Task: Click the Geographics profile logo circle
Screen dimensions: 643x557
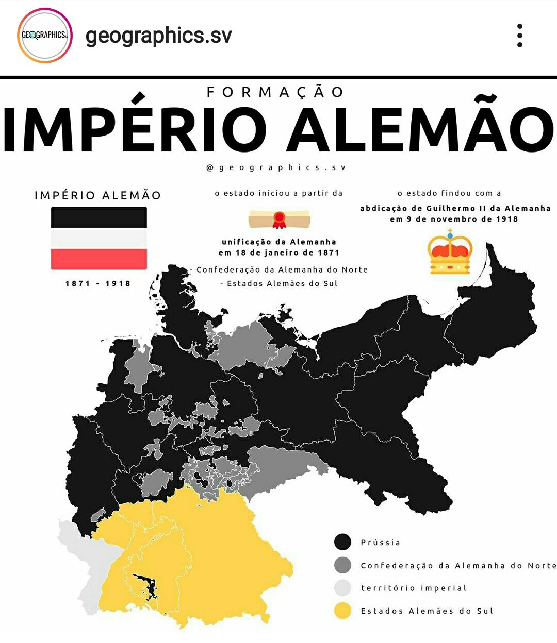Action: click(x=45, y=36)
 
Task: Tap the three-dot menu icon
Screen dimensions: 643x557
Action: click(x=519, y=36)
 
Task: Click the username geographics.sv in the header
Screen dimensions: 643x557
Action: click(x=158, y=36)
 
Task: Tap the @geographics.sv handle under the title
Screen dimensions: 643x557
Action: click(x=276, y=167)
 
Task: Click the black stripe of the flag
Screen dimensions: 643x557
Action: click(x=99, y=217)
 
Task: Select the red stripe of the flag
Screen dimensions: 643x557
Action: click(x=99, y=259)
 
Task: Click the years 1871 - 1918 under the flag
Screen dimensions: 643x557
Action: click(x=98, y=283)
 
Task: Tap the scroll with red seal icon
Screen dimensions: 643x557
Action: click(x=279, y=219)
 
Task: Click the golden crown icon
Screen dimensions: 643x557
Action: click(x=450, y=252)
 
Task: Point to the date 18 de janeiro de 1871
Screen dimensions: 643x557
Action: click(x=286, y=252)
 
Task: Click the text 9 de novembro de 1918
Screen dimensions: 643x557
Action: click(x=461, y=219)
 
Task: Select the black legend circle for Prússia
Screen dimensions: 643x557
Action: click(x=343, y=542)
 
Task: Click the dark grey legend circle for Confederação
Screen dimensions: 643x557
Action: click(x=343, y=565)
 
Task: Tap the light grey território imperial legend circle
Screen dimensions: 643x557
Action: click(x=343, y=588)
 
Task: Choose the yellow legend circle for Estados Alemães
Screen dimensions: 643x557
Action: click(x=343, y=611)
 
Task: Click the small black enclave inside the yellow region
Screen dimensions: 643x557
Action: click(x=144, y=586)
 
